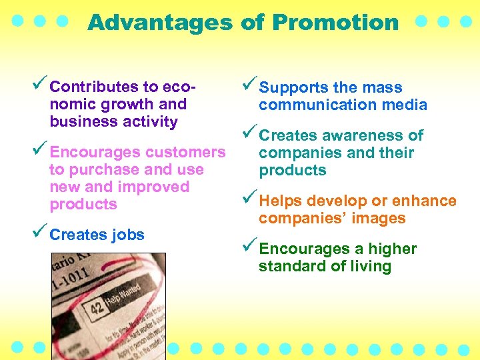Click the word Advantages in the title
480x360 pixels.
(x=160, y=23)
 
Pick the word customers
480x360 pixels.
(x=185, y=153)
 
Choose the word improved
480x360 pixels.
(x=158, y=187)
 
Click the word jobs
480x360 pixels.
(x=127, y=235)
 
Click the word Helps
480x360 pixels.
(x=279, y=201)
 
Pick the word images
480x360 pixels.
(x=380, y=218)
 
